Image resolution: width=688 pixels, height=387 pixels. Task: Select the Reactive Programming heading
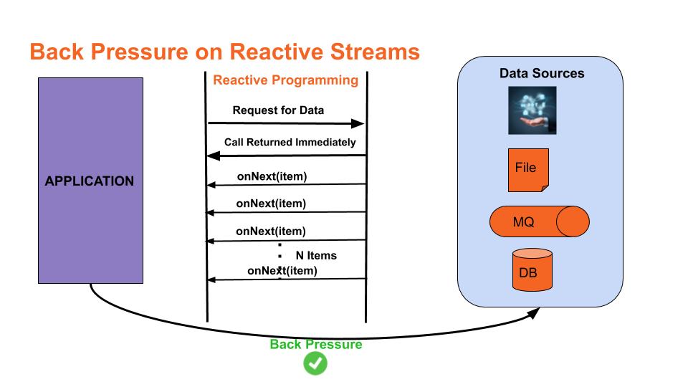coord(285,80)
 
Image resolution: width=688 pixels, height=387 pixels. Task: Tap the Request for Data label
coord(278,110)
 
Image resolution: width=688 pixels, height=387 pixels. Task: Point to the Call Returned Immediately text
coord(290,142)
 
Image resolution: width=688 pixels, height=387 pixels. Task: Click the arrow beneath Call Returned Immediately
coord(287,156)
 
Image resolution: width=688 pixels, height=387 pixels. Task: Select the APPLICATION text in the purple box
coord(90,181)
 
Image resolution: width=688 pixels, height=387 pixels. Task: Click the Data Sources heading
coord(541,74)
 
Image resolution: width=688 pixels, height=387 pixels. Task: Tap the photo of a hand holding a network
coord(532,110)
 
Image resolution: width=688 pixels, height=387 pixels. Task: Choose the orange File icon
coord(528,170)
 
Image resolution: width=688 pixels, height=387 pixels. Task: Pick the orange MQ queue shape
coord(539,222)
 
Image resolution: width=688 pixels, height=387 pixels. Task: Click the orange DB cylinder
coord(532,269)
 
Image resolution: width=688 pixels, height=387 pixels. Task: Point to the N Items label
coord(316,255)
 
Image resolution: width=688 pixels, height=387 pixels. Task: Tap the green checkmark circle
coord(315,363)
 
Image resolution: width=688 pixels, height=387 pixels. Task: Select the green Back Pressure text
coord(315,345)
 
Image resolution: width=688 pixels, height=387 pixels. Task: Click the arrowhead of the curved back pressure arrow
coord(536,312)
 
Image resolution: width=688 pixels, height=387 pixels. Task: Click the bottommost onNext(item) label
coord(282,271)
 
